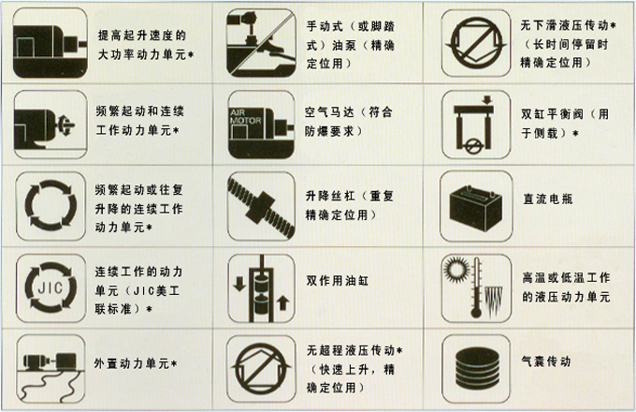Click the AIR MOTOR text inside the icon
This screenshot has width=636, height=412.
(245, 116)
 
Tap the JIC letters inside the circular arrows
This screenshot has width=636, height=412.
(51, 287)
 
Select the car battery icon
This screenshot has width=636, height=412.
(475, 208)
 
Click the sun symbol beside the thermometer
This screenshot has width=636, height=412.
(455, 269)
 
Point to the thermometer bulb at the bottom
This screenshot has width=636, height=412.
(476, 312)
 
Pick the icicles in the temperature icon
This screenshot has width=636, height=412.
(494, 302)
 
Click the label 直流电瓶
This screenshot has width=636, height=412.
(547, 199)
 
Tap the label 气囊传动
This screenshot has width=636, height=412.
(546, 360)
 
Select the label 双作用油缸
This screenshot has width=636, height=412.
(338, 281)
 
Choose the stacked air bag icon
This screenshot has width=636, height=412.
(477, 368)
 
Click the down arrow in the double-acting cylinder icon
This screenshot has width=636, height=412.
(239, 284)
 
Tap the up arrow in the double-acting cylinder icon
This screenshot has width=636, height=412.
(282, 302)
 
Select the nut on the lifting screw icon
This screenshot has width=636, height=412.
(262, 208)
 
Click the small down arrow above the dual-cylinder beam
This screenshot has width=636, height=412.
(487, 100)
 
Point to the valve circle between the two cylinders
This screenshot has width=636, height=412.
(473, 145)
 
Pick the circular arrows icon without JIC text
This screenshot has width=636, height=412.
(51, 205)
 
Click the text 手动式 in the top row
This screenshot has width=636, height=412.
(325, 26)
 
